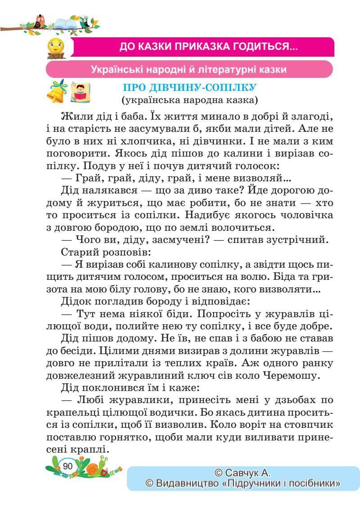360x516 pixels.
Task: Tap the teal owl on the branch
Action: coord(84,22)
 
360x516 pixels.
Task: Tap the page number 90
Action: coord(68,466)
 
